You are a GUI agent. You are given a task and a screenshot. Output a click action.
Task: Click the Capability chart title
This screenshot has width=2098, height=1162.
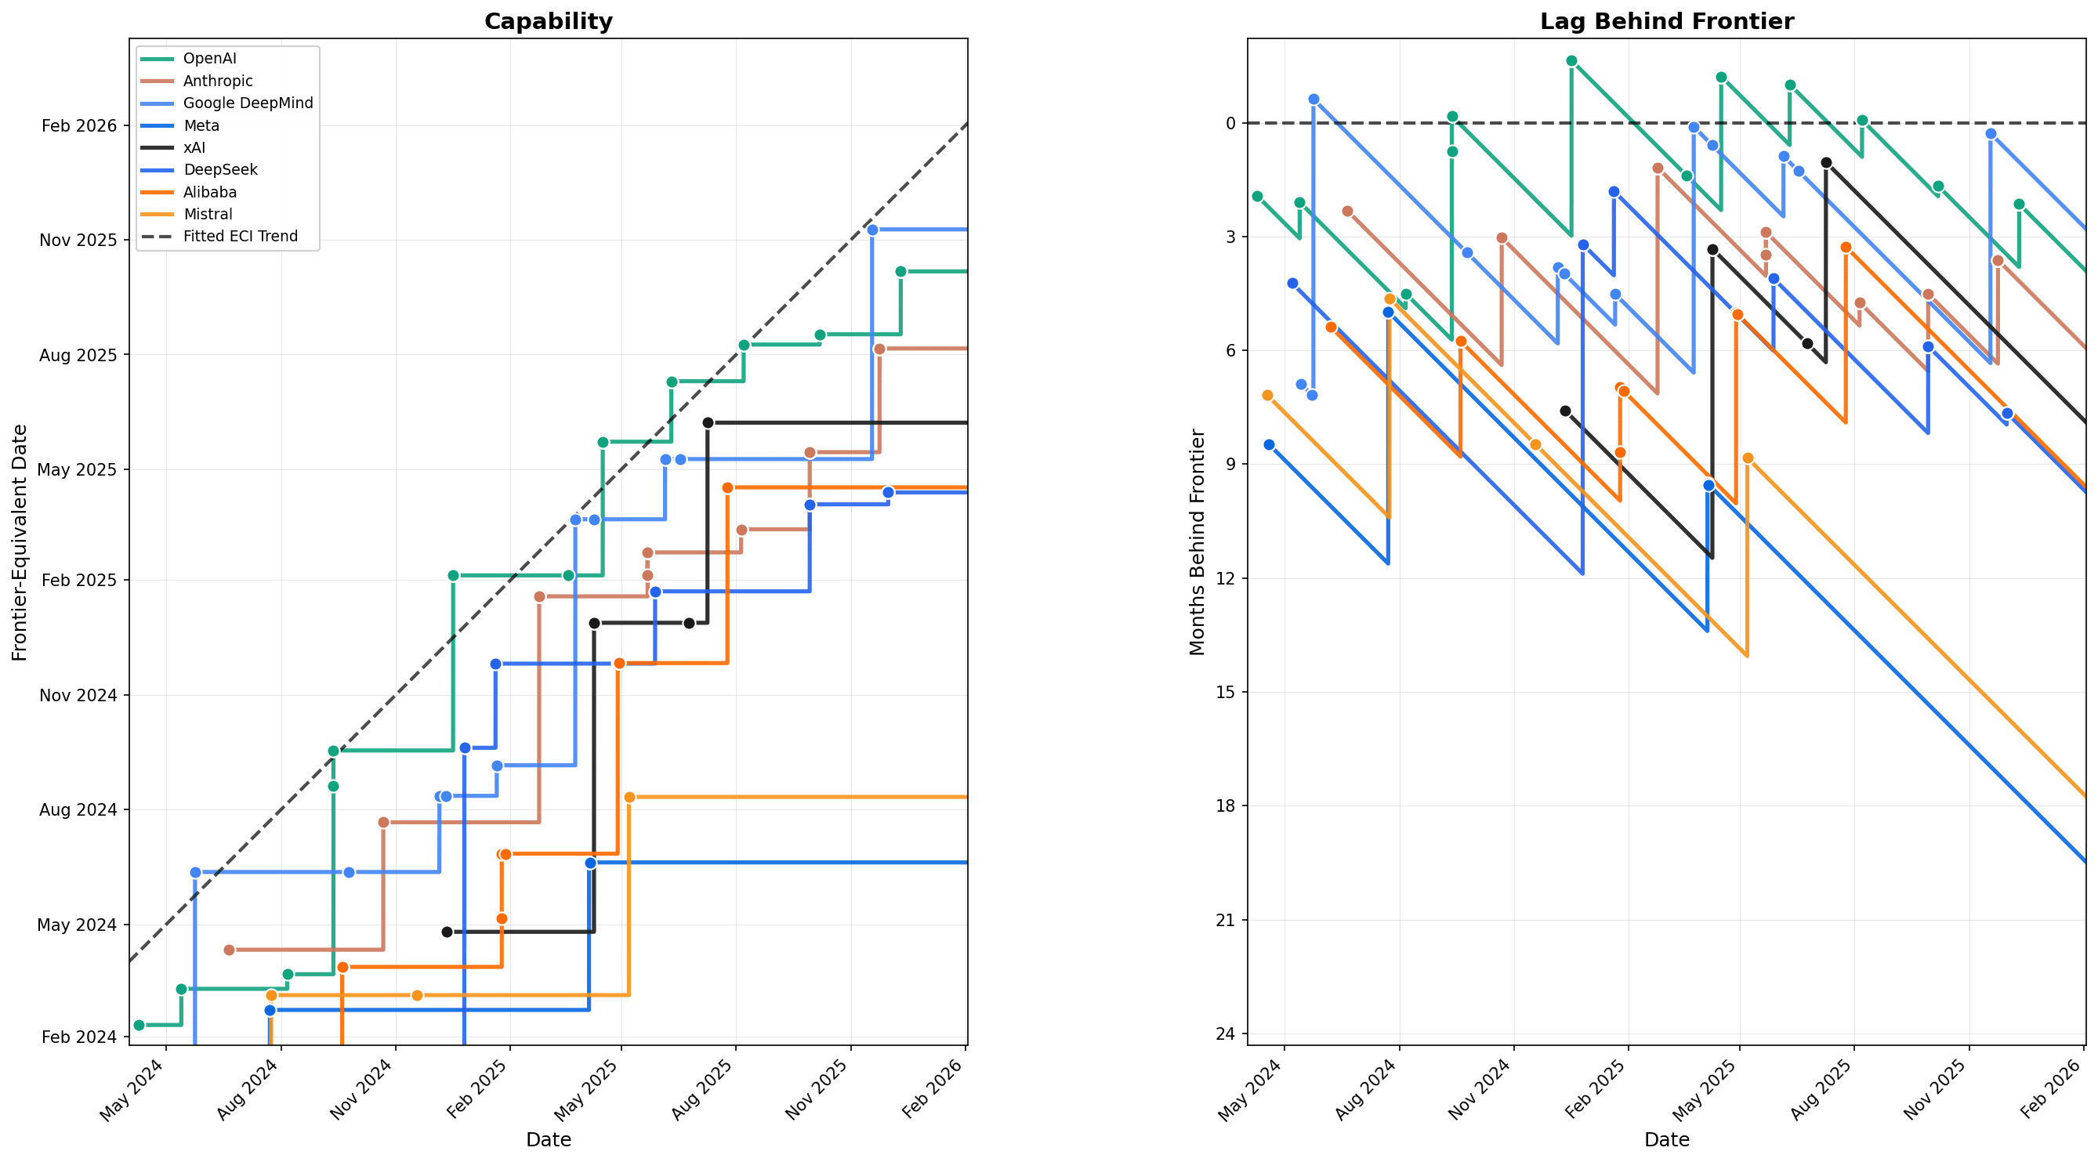tap(548, 21)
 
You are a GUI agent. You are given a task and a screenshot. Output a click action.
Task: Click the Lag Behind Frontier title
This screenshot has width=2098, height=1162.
tap(1666, 21)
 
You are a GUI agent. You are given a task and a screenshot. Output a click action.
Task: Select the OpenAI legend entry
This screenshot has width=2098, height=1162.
tap(209, 59)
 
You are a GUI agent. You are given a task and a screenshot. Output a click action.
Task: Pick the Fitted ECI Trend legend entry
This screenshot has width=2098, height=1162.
tap(241, 236)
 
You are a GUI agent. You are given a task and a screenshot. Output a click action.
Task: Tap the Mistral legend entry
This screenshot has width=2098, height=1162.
tap(208, 214)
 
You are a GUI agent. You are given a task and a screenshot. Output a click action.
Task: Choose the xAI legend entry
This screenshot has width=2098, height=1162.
tap(194, 147)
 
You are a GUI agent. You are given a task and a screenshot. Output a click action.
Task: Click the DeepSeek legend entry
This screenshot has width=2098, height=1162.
tap(220, 169)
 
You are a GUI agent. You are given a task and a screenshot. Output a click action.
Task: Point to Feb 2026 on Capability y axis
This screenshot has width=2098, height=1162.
tap(79, 125)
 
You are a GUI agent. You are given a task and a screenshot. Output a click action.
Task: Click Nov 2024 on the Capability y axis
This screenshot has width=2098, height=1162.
tap(78, 696)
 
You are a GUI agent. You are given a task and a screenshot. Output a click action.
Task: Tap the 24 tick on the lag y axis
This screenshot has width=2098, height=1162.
tap(1224, 1034)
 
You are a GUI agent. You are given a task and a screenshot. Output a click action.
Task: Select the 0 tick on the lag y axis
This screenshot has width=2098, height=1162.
tap(1230, 124)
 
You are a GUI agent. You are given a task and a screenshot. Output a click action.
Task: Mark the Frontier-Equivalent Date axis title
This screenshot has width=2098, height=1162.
tap(20, 542)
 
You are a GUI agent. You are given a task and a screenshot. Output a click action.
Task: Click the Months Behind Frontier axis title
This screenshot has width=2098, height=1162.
tap(1197, 542)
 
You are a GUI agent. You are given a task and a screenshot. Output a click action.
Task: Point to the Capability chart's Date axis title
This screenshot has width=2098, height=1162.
tap(548, 1139)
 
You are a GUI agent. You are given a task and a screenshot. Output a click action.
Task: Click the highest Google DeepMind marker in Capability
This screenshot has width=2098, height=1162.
tap(872, 230)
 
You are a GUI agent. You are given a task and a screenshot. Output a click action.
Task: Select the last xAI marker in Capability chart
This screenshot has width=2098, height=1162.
tap(708, 422)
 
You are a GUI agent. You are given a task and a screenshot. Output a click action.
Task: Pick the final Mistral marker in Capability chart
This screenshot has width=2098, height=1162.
tap(629, 797)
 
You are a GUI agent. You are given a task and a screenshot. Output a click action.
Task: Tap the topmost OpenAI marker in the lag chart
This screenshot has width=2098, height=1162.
tap(1571, 61)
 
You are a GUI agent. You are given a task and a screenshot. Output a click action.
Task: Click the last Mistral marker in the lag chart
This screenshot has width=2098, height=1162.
tap(1747, 458)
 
